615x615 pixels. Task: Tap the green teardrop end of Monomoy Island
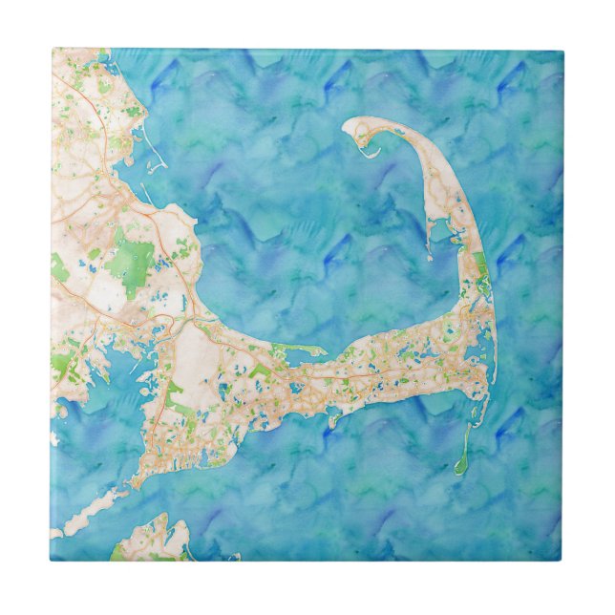[x=460, y=467]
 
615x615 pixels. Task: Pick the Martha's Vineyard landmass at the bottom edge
[x=153, y=541]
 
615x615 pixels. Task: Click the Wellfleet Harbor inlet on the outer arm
[x=441, y=239]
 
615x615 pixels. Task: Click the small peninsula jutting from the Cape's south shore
[x=334, y=415]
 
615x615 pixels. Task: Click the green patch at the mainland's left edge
[x=59, y=268]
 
